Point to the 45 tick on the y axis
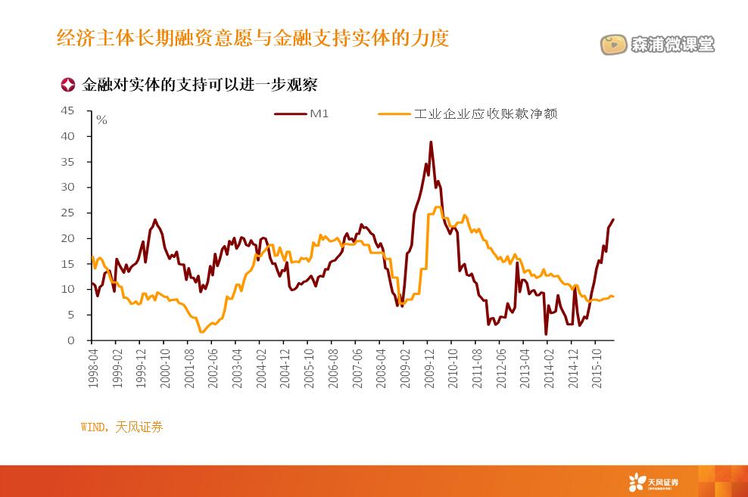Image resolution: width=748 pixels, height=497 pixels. pos(68,110)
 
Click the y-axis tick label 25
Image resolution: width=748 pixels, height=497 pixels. pos(68,213)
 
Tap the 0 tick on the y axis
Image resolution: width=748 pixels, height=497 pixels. pos(71,340)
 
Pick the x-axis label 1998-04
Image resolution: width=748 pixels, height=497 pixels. pos(92,368)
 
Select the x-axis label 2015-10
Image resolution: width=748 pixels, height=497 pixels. pos(596,368)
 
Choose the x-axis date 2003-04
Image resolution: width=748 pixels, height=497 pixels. pos(236,368)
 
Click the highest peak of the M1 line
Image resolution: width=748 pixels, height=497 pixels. pos(431,141)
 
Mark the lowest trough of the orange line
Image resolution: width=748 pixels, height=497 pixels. pos(201,331)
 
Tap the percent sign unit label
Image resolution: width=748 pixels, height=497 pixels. pos(102,120)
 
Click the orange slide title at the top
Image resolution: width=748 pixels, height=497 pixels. pos(253,38)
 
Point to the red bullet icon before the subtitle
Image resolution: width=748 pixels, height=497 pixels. pos(67,85)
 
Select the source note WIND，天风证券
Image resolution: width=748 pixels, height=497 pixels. pos(121,427)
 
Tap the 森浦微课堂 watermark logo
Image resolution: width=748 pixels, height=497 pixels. pos(658,45)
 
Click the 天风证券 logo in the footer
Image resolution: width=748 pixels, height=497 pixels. pos(653,481)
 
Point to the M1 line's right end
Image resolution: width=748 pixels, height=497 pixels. pos(613,219)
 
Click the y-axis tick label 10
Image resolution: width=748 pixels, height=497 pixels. pos(68,290)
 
